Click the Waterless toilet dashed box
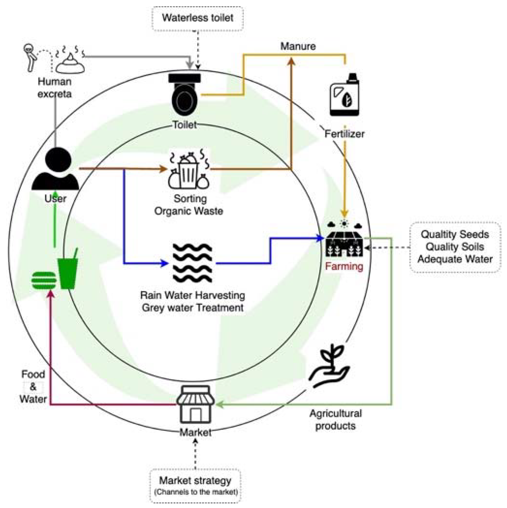197,18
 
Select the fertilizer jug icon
344,95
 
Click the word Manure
298,46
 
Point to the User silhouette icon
55,170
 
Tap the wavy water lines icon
192,263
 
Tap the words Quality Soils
455,247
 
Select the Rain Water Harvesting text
192,295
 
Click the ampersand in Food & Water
33,387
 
